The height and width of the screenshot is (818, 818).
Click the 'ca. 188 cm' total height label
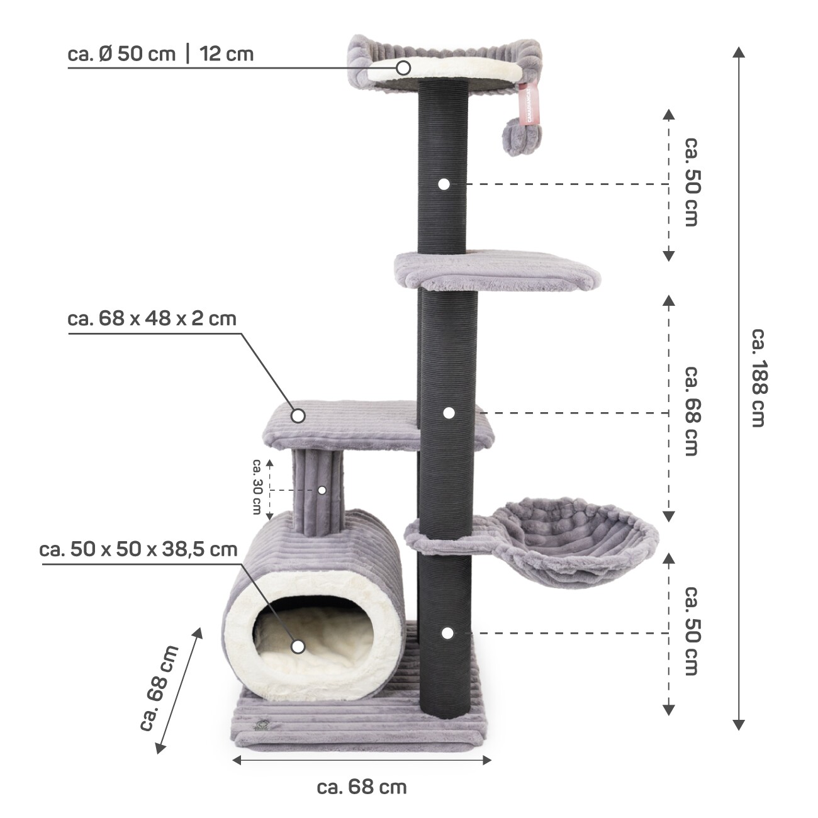[758, 378]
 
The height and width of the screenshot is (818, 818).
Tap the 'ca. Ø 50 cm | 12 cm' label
[160, 54]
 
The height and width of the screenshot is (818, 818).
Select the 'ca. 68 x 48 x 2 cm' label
[152, 318]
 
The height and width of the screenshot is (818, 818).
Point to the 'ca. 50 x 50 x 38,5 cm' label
[138, 549]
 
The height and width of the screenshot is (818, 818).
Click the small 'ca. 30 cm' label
[257, 486]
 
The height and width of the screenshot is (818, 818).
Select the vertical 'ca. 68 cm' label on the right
[692, 411]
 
